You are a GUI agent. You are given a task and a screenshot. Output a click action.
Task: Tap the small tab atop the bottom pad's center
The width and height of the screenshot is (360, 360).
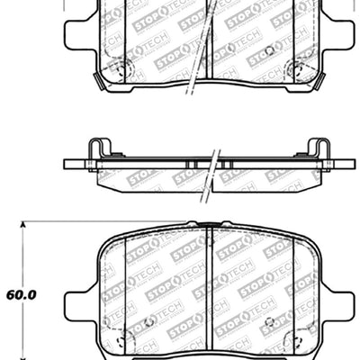(x=208, y=223)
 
